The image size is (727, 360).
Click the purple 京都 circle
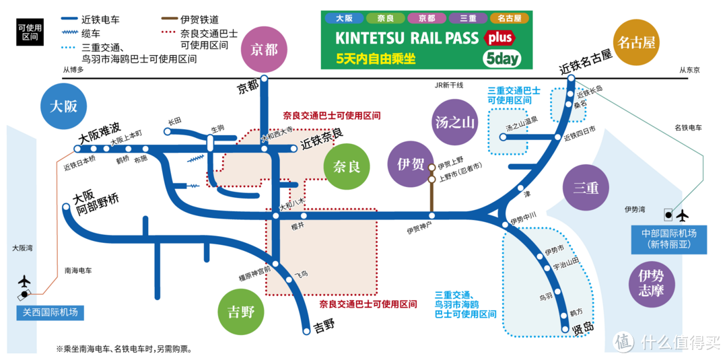(x=265, y=49)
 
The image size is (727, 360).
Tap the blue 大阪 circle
(x=63, y=106)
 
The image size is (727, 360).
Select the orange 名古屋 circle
(x=635, y=43)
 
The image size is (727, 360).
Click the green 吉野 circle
(x=241, y=312)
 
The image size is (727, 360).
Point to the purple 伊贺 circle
(x=410, y=164)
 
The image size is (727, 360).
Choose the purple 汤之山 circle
(x=455, y=122)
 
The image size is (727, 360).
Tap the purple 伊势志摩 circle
(x=651, y=283)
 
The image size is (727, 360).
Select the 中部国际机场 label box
(x=668, y=239)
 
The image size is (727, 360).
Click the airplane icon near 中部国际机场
(x=682, y=215)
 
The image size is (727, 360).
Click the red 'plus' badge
(x=499, y=36)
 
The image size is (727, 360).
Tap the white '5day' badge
(x=501, y=59)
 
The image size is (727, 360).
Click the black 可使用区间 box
(x=29, y=32)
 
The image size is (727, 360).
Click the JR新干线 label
(x=446, y=85)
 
